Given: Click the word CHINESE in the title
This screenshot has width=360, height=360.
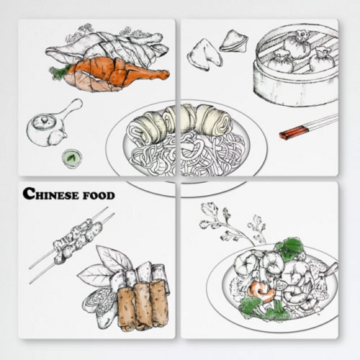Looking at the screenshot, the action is click(51, 194).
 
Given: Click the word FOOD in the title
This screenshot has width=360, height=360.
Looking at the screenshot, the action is click(99, 196).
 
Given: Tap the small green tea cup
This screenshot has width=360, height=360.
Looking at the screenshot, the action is click(72, 158).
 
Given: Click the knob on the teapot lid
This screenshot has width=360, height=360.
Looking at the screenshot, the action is click(44, 120).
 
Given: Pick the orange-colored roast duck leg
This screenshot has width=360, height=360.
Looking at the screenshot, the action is click(115, 74).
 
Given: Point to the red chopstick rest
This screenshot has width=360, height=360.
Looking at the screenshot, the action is click(294, 132).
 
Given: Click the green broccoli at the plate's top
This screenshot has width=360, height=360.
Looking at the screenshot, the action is click(289, 247).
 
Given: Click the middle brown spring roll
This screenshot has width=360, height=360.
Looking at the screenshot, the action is click(142, 305).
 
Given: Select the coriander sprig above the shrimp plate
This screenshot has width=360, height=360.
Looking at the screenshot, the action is click(230, 223).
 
